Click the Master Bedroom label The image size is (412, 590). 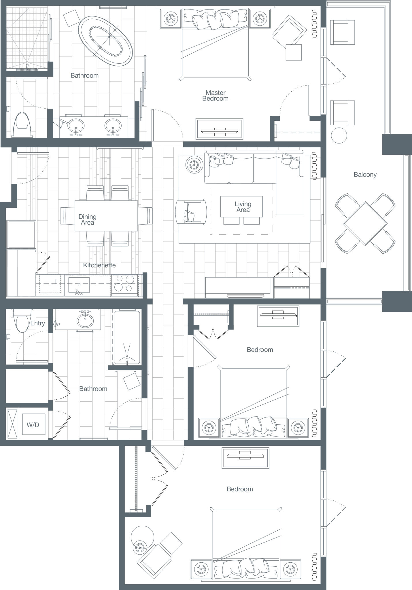[215, 95]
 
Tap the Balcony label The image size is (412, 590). [365, 175]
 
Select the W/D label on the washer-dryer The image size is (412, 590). [33, 425]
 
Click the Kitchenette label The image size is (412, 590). [99, 265]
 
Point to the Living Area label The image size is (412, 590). [243, 207]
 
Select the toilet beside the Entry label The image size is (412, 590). [21, 320]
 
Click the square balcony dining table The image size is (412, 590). [365, 224]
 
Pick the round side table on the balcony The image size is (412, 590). [339, 135]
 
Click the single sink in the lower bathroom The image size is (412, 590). [85, 320]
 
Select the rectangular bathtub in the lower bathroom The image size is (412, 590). [127, 337]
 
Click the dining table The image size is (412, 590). [106, 215]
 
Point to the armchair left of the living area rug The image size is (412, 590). [191, 211]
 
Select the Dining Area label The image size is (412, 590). [88, 220]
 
